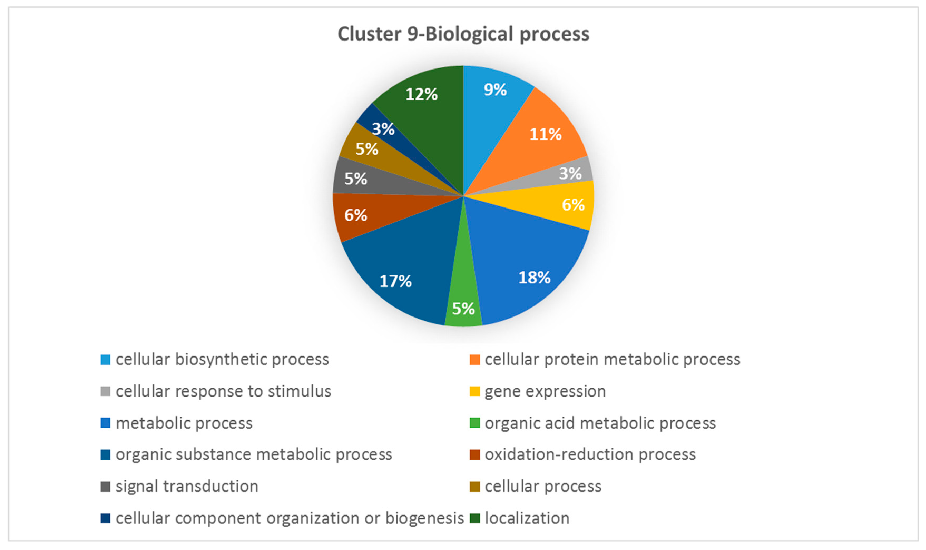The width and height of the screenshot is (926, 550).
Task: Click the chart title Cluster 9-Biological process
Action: point(463,34)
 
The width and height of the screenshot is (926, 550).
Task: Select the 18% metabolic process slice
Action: point(530,267)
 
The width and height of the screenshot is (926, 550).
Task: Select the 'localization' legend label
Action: point(527,518)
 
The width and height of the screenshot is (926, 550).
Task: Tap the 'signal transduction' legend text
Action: point(187,486)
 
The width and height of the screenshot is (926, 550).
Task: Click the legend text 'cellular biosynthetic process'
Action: point(222,359)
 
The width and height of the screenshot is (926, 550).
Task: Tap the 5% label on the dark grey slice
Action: point(356,179)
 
